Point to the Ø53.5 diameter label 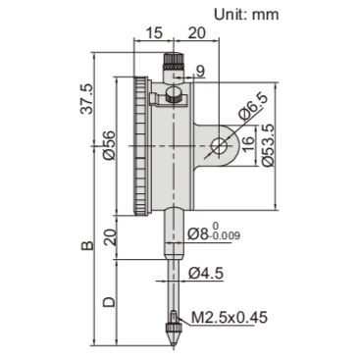click(267, 147)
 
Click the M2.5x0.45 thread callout click(231, 318)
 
